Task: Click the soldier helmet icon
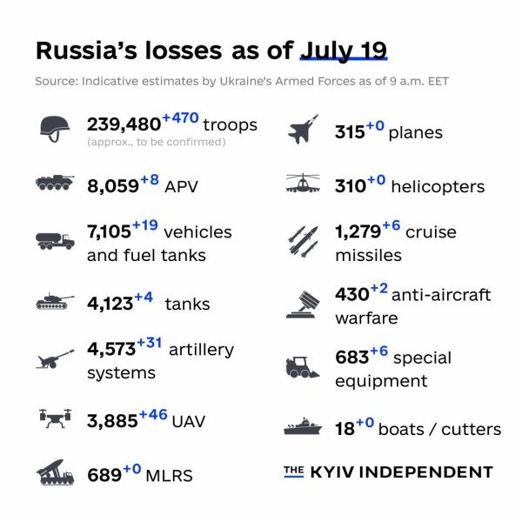56,128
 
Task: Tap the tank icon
56,304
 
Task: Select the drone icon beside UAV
56,418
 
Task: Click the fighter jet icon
304,132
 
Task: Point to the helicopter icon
304,184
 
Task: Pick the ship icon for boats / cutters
304,428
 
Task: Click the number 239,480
124,124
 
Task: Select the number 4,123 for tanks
110,304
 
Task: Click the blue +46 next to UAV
152,414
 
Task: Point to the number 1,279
357,233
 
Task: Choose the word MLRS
169,476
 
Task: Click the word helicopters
438,186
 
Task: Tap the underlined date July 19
343,50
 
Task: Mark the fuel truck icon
56,240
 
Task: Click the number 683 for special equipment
351,358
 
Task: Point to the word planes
415,133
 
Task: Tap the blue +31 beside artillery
149,343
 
